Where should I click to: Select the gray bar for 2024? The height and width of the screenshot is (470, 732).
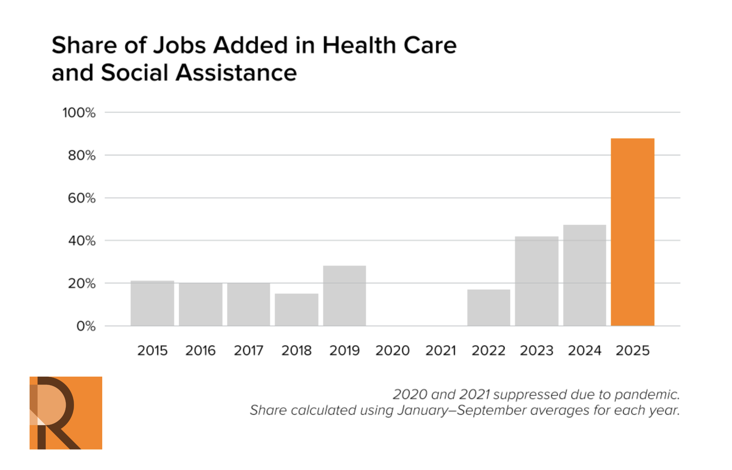[x=584, y=275]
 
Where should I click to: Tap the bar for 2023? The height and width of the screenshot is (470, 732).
[x=536, y=281]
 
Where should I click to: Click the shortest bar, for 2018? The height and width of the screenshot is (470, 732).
[x=296, y=309]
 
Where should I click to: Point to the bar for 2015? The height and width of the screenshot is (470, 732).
[x=152, y=303]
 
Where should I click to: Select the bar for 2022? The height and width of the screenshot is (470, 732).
[x=489, y=307]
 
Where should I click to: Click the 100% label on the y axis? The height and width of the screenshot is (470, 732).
[x=79, y=113]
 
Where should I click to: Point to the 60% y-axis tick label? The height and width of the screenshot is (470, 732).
[x=82, y=198]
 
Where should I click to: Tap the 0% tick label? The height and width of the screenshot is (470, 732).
[x=86, y=326]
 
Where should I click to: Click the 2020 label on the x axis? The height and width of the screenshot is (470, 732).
[x=392, y=351]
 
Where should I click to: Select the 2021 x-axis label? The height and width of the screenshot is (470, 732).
[x=440, y=351]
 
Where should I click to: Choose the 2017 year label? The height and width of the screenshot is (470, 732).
[x=248, y=351]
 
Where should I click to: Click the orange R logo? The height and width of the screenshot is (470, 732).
[x=66, y=413]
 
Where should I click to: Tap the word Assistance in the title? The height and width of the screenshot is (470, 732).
[x=236, y=73]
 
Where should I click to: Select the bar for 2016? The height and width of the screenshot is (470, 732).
[x=200, y=304]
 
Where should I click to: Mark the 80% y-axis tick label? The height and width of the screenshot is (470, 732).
[x=82, y=156]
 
